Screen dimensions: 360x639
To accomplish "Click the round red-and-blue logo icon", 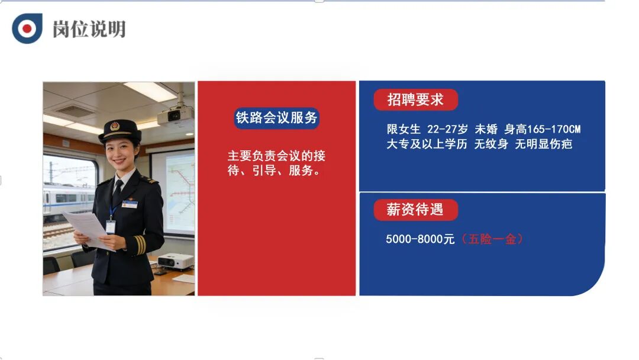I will [27, 28].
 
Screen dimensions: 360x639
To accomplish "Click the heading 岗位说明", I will [89, 29].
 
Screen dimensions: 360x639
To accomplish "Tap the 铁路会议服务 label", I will [277, 117].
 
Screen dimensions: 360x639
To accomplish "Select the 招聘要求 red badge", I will [415, 99].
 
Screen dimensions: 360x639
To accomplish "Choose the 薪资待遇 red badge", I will [415, 210].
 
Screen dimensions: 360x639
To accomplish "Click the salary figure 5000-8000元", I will [420, 240].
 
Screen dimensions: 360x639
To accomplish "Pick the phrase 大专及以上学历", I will [427, 144].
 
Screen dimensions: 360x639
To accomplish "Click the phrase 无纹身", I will [491, 144].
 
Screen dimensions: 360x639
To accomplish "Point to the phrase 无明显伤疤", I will [544, 144].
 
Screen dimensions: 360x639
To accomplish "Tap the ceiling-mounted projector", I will [176, 115].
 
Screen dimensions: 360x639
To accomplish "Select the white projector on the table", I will [176, 261].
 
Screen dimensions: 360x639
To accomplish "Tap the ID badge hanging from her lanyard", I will [111, 226].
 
